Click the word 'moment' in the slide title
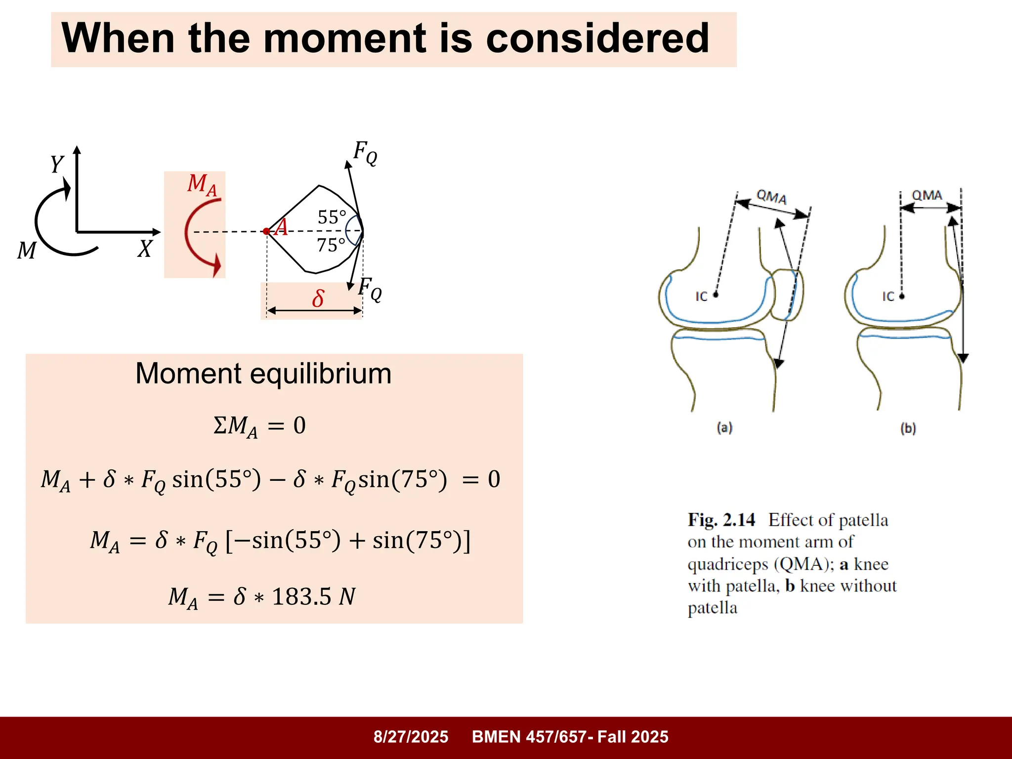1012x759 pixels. [344, 39]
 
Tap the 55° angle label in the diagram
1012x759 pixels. [332, 217]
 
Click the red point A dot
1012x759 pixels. [266, 231]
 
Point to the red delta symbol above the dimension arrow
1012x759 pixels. [318, 298]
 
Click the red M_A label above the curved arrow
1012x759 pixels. [202, 184]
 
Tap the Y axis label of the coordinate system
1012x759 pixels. [57, 164]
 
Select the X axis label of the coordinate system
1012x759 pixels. [145, 249]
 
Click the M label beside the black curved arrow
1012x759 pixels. [27, 251]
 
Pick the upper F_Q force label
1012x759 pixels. [365, 152]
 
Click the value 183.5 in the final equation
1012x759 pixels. [301, 596]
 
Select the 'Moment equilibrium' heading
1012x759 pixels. [263, 374]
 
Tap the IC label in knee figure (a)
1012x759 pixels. [702, 296]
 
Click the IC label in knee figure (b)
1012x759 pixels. [888, 296]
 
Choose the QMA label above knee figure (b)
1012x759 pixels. [927, 195]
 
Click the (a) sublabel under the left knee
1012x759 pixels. [724, 427]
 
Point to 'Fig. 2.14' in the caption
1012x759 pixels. [721, 520]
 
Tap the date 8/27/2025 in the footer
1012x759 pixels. [411, 737]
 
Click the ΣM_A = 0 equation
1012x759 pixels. [259, 426]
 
